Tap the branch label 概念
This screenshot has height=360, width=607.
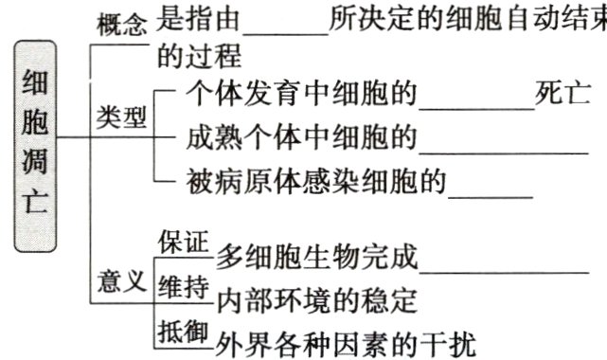[x=122, y=26]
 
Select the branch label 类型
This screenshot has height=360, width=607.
[x=122, y=118]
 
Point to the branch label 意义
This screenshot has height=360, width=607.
[x=122, y=281]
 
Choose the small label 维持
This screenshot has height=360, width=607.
[x=183, y=287]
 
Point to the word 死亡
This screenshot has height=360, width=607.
[x=564, y=95]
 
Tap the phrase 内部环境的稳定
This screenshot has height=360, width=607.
[x=316, y=302]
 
